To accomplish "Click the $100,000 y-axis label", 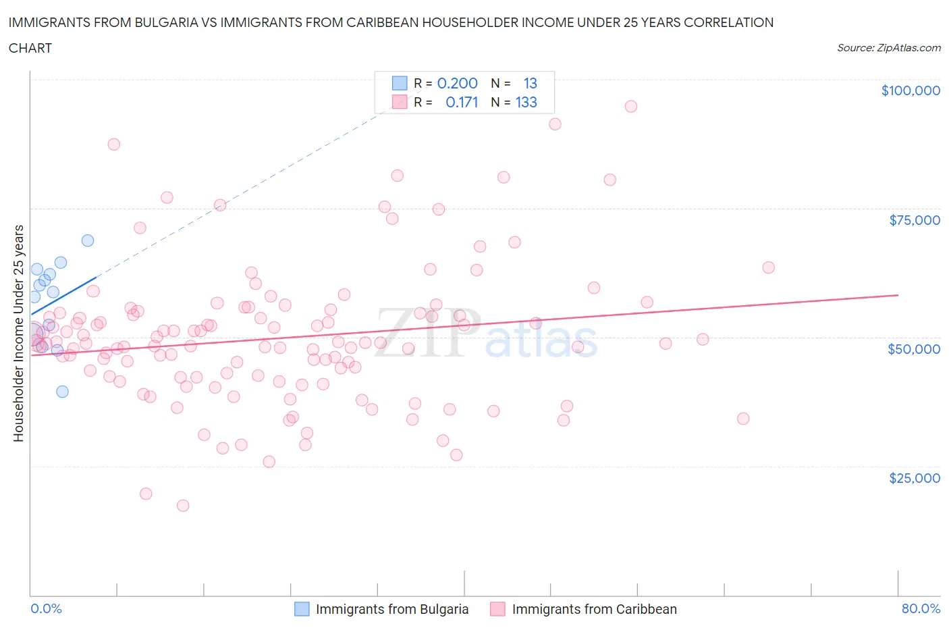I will click(x=910, y=90).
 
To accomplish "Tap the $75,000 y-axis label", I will click(x=914, y=220).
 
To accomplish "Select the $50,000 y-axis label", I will click(x=913, y=349).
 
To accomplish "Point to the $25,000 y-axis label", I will click(x=914, y=478).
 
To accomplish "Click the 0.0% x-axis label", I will click(x=46, y=608).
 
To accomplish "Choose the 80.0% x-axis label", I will click(x=921, y=608).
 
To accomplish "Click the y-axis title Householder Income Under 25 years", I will click(x=19, y=333).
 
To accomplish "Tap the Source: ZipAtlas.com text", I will click(x=888, y=48).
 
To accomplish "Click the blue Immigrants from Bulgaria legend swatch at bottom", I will click(x=302, y=609).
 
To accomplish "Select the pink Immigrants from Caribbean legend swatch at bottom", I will click(x=497, y=609).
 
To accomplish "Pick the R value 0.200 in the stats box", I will click(x=457, y=83).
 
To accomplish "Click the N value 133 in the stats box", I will click(x=526, y=102).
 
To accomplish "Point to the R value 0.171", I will click(x=462, y=102).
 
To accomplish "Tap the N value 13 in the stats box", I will click(x=530, y=83).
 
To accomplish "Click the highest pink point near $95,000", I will click(x=631, y=106).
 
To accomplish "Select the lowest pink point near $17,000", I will click(x=183, y=505).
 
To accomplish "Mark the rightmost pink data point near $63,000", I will click(x=768, y=267).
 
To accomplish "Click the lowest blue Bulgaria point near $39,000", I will click(x=62, y=391).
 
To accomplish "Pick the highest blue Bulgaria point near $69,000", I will click(x=88, y=240).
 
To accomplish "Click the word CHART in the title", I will click(x=30, y=48).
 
